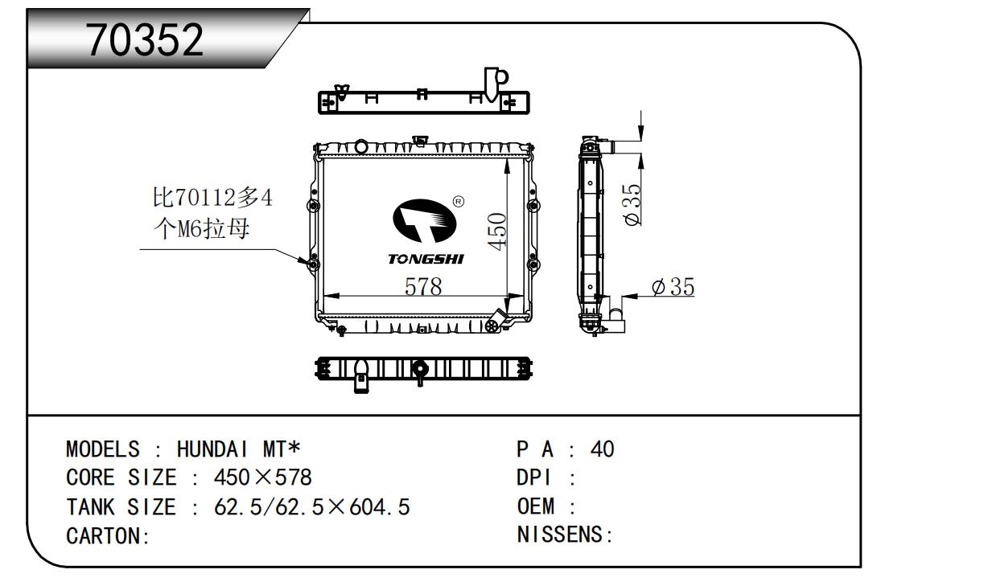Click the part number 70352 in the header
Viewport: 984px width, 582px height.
pyautogui.click(x=146, y=40)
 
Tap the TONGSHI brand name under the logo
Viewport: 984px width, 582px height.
pyautogui.click(x=426, y=260)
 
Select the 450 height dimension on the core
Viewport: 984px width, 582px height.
pyautogui.click(x=497, y=232)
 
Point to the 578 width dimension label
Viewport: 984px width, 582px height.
pyautogui.click(x=423, y=286)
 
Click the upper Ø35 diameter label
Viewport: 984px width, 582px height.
pyautogui.click(x=632, y=204)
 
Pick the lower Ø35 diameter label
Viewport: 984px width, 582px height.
pyautogui.click(x=673, y=287)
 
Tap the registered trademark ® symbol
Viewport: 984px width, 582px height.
pyautogui.click(x=458, y=201)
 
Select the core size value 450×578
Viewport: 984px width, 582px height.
pyautogui.click(x=262, y=477)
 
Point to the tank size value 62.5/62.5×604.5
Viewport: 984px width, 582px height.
pyautogui.click(x=312, y=507)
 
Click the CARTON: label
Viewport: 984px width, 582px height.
pyautogui.click(x=108, y=536)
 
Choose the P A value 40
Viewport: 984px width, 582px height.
pyautogui.click(x=602, y=449)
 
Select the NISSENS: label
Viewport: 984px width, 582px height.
pyautogui.click(x=565, y=535)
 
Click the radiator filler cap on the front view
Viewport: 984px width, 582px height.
pyautogui.click(x=360, y=146)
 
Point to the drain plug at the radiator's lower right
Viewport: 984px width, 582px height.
pyautogui.click(x=494, y=325)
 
